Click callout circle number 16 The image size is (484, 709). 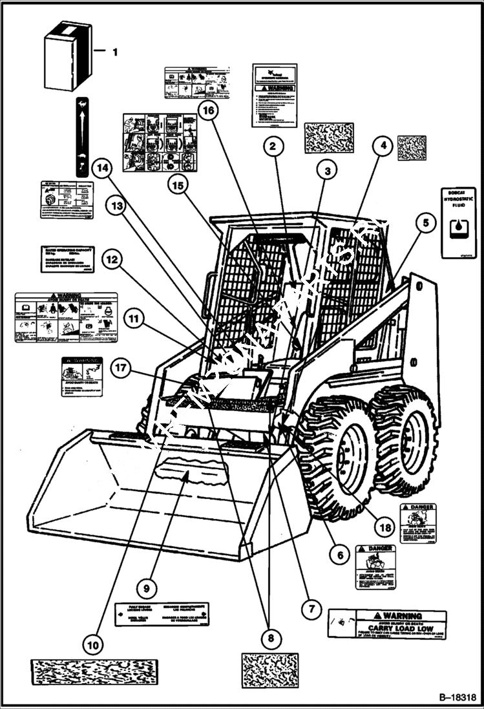[x=208, y=112]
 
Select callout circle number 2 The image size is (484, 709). [x=273, y=147]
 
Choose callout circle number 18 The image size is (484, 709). [x=385, y=527]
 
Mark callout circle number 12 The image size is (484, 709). [x=112, y=260]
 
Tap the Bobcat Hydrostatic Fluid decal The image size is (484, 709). [x=458, y=222]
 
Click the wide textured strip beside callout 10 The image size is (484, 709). [x=94, y=673]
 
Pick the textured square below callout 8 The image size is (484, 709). [x=270, y=670]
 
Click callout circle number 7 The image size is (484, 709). [x=311, y=608]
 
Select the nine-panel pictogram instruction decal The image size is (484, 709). [x=160, y=142]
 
